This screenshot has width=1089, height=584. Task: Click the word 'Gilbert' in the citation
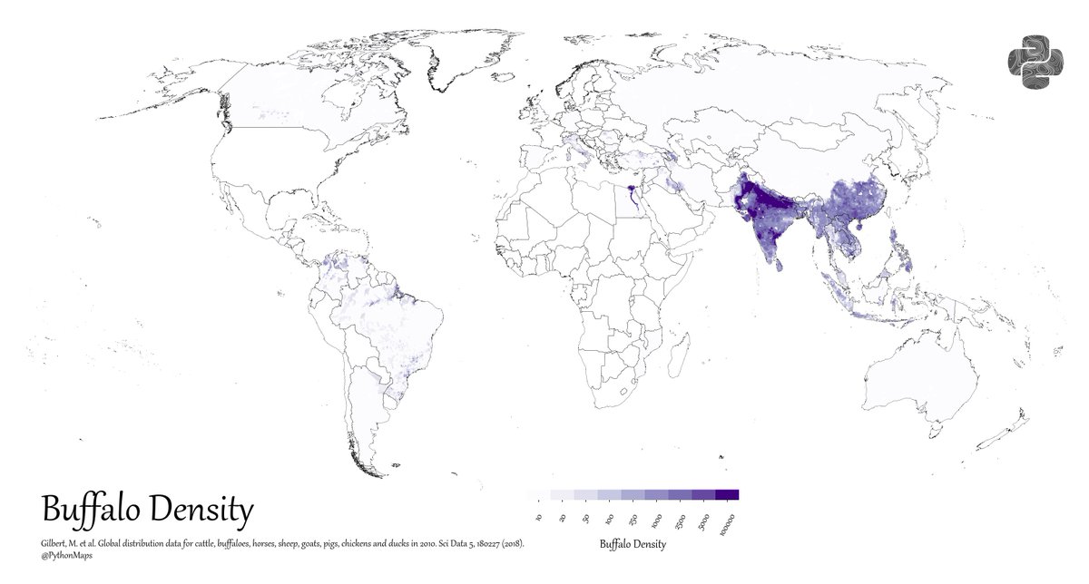pyautogui.click(x=57, y=543)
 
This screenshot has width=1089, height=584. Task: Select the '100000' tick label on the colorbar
pyautogui.click(x=725, y=523)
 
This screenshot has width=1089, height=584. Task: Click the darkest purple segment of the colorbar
pyautogui.click(x=727, y=495)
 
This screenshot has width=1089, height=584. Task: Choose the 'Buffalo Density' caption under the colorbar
pyautogui.click(x=633, y=544)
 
